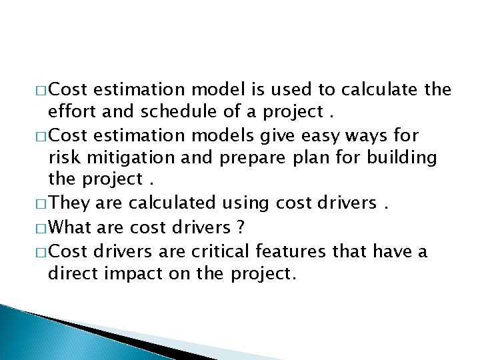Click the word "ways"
pos(374,135)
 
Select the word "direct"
pos(71,274)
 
